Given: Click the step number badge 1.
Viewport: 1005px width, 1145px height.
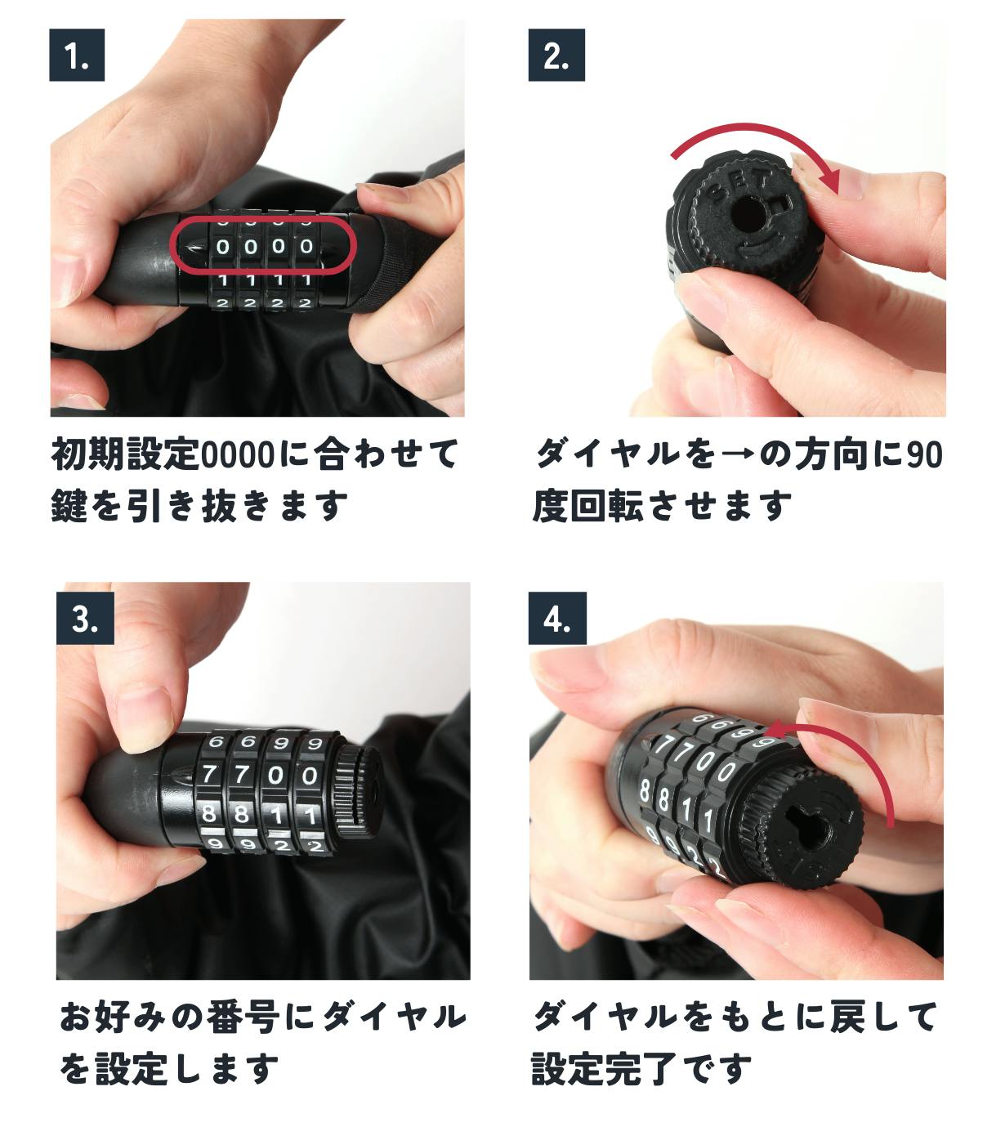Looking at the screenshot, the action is [x=77, y=55].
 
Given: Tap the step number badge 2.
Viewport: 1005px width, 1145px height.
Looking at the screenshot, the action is [x=556, y=55].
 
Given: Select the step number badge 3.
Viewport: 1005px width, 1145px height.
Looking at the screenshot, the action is [x=85, y=619].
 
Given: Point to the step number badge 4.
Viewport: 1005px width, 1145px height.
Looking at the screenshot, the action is [x=557, y=619].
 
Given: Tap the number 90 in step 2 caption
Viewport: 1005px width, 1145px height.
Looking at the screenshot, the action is [x=925, y=455].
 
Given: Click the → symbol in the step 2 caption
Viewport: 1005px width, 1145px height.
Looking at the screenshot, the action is [x=738, y=455].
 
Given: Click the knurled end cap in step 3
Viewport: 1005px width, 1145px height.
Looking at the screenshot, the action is [x=357, y=791].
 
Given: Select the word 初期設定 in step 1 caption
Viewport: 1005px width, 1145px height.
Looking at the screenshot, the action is [x=125, y=455].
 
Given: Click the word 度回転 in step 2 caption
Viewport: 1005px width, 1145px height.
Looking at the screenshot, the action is [x=587, y=505].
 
